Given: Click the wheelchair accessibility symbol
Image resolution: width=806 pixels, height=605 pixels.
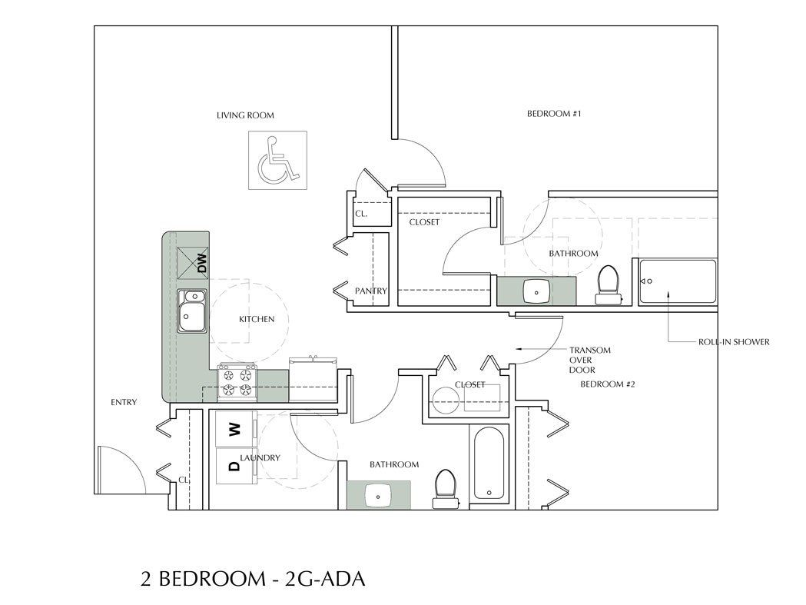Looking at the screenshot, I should pos(278,160).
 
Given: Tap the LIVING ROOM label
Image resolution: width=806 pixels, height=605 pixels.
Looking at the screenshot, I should pos(245,116).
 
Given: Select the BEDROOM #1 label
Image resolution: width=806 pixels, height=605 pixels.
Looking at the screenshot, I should pos(553,114).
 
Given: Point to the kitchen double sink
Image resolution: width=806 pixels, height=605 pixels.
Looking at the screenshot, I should pos(192,311).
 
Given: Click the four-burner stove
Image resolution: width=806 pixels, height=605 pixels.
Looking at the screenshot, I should pos(237,382).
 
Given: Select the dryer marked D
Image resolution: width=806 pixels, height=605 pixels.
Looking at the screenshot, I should pos(231,465).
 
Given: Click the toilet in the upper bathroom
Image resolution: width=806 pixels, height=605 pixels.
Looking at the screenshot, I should pos(608,284).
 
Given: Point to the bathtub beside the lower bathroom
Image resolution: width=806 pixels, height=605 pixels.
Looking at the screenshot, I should pos(488,465).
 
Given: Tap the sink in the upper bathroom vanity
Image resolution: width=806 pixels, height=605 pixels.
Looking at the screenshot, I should pos(536,291).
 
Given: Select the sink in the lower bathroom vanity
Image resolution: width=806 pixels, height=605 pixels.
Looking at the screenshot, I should pos(379,495).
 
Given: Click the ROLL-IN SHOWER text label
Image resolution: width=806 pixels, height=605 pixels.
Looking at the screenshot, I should pos(733,342).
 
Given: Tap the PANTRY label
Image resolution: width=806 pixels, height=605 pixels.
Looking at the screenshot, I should pos(370,291).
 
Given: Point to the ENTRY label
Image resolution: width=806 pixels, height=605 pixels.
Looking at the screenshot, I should pos(123,402).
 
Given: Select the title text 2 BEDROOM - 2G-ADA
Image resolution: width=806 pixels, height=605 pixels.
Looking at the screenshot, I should pos(252,578).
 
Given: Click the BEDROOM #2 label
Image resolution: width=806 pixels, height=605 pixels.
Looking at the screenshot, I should pos(607,384).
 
